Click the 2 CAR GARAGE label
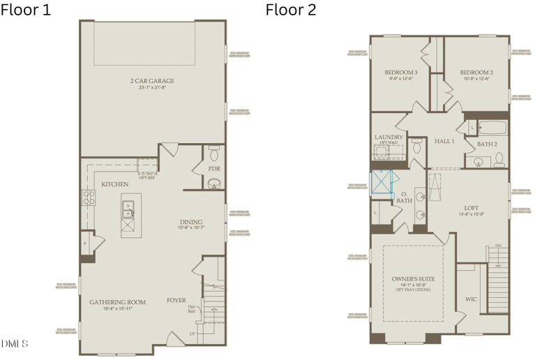[x=152, y=81]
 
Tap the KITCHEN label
[x=114, y=184]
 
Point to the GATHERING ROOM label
[x=117, y=302]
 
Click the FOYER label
[x=176, y=301]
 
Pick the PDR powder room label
[x=214, y=168]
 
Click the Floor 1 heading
[x=26, y=10]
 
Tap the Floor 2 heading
[x=291, y=10]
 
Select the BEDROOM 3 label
[x=401, y=73]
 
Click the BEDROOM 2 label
[x=476, y=73]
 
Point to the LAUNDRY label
[x=389, y=137]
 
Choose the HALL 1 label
[x=444, y=141]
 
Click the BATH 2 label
[x=487, y=144]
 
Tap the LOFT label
[x=472, y=208]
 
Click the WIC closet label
[x=472, y=299]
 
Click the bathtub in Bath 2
[x=492, y=128]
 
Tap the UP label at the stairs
[x=193, y=334]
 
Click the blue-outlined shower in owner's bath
[x=382, y=183]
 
